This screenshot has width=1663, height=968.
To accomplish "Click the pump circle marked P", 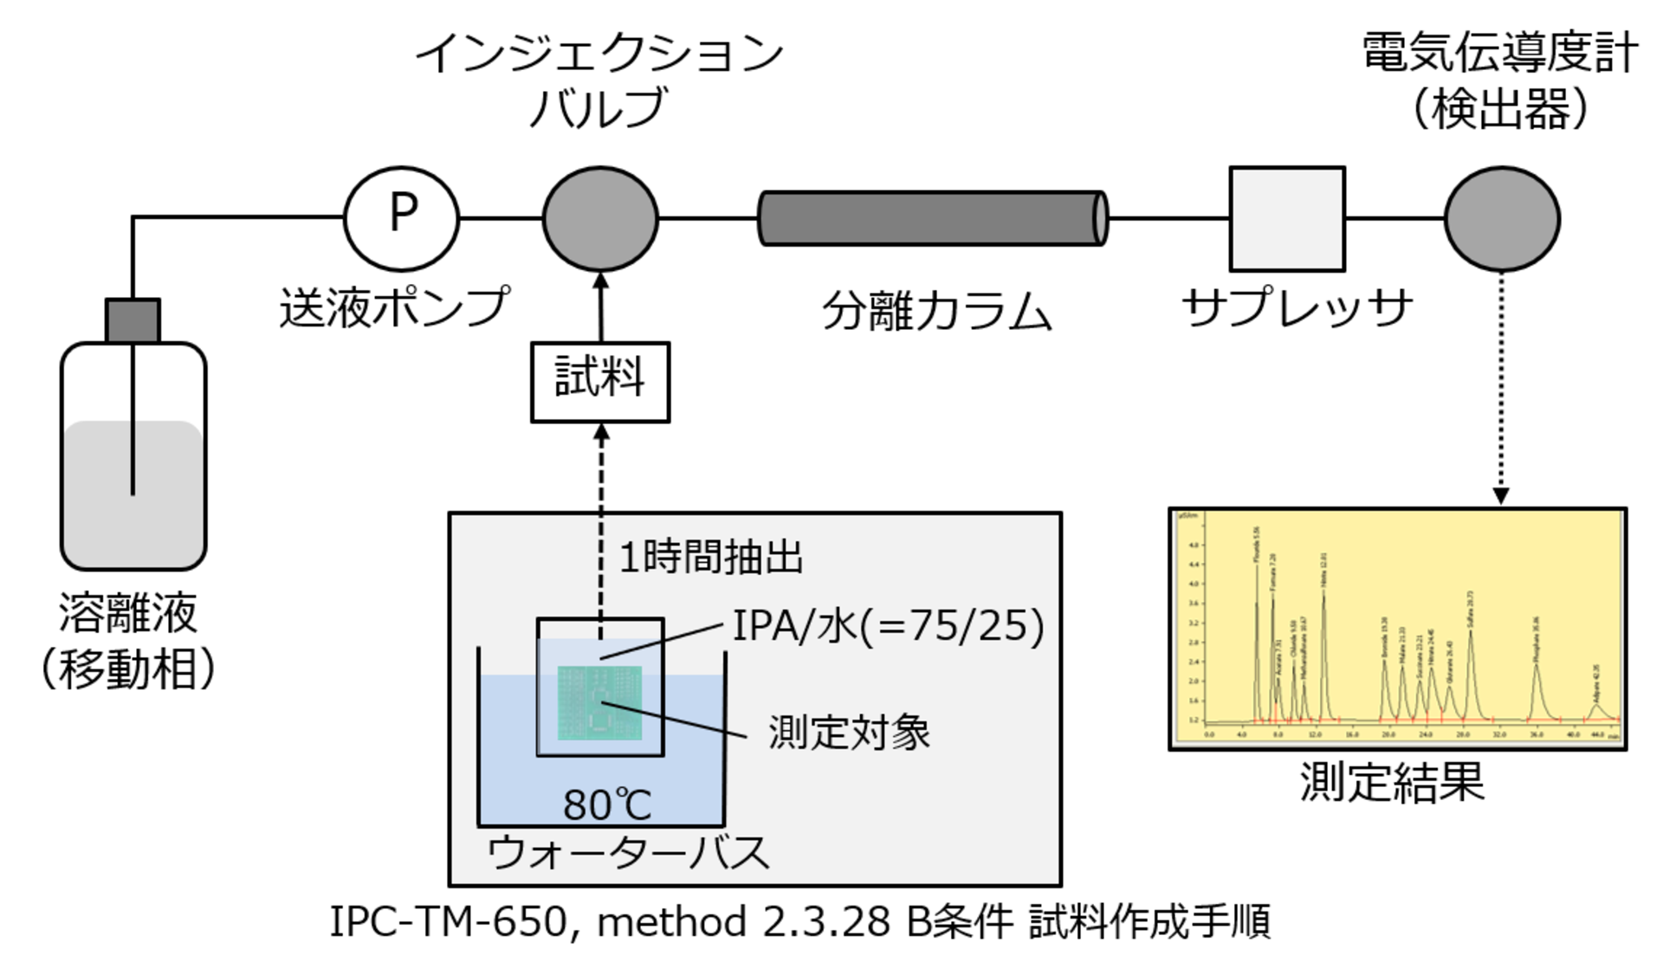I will [401, 218].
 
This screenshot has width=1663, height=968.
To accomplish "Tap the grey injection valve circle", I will [600, 218].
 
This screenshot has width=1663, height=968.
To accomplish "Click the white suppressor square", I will [1287, 218].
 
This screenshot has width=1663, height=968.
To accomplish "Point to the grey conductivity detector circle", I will [1502, 218].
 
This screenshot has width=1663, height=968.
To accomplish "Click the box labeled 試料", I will [600, 382].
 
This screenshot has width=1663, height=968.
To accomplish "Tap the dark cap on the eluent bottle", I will [133, 320].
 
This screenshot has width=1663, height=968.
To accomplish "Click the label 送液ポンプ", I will [394, 307].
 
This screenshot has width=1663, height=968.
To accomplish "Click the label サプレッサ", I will [1297, 307].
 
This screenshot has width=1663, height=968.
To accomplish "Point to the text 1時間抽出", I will [710, 557].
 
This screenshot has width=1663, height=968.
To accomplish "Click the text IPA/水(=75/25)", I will [888, 625].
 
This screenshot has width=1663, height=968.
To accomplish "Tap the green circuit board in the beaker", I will [599, 701].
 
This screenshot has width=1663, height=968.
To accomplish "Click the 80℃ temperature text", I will [606, 804].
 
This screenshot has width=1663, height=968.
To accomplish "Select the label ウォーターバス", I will [628, 853].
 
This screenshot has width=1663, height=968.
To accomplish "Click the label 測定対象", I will [849, 732].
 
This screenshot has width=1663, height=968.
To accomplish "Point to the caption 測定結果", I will [1392, 782].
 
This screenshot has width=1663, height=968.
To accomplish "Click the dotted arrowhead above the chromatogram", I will [1502, 495].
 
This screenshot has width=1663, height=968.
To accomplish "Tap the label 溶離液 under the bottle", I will [128, 613].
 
